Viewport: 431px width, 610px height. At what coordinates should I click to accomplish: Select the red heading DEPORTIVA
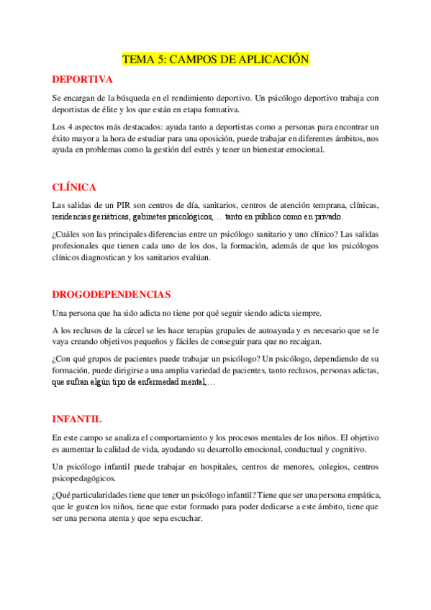[83, 79]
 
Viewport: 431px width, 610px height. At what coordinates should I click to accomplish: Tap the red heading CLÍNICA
[74, 187]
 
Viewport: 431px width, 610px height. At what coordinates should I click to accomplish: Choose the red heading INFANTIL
[77, 419]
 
